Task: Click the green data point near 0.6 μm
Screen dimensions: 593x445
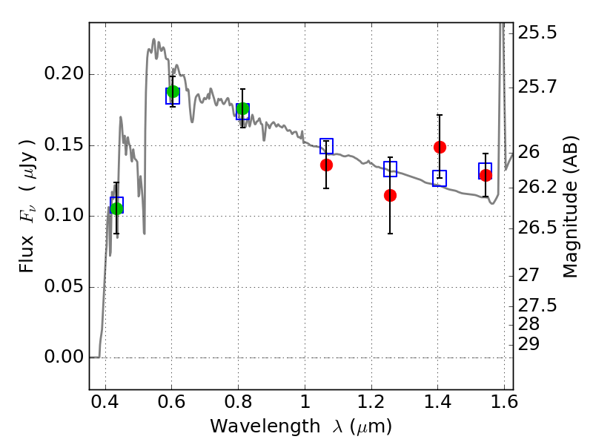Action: (x=173, y=91)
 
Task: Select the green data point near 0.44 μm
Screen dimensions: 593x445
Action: (x=116, y=208)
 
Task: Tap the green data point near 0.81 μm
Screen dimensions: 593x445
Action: (x=243, y=109)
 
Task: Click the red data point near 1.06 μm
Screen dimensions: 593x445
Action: (x=326, y=165)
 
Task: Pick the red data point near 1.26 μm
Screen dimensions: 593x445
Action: (x=391, y=195)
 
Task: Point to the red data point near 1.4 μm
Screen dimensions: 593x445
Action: (x=440, y=147)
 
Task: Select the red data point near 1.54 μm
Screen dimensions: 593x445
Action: (x=486, y=175)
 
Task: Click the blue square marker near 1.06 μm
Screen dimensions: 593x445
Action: (x=326, y=146)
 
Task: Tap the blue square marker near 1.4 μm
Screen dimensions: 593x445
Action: (x=440, y=178)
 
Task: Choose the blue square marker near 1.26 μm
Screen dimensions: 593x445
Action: (x=391, y=169)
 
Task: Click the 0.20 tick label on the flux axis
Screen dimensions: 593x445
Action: (x=63, y=73)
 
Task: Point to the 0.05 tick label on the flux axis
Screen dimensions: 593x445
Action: (x=63, y=286)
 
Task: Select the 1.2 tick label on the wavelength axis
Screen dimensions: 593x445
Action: (x=371, y=401)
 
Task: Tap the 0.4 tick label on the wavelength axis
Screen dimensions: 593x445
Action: (x=105, y=401)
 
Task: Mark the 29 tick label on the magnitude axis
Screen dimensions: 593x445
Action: (x=529, y=344)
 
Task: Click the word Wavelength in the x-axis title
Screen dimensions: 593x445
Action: (x=265, y=426)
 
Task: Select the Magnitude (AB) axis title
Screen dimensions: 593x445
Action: (x=570, y=207)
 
